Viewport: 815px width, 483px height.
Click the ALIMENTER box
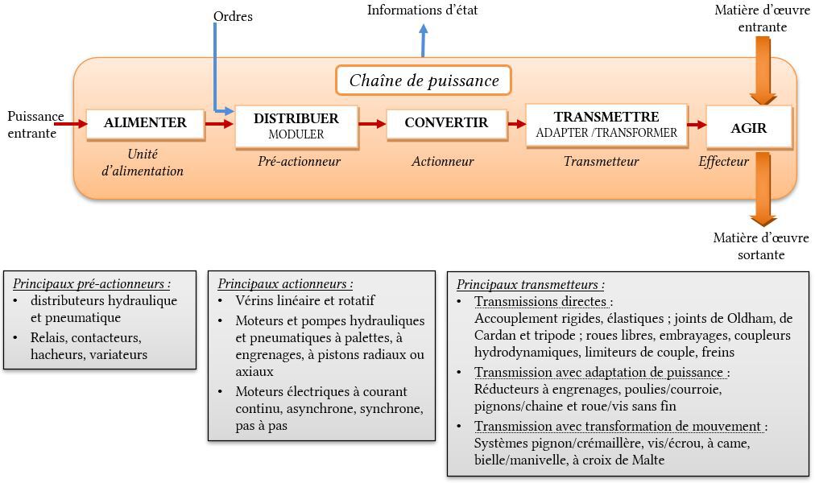pyautogui.click(x=145, y=124)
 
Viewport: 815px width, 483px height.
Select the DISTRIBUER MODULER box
pyautogui.click(x=296, y=126)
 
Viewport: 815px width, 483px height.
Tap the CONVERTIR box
pyautogui.click(x=446, y=124)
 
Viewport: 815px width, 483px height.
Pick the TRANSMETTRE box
pyautogui.click(x=606, y=125)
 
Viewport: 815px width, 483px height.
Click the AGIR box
pyautogui.click(x=748, y=127)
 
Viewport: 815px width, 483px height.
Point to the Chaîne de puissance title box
pyautogui.click(x=424, y=80)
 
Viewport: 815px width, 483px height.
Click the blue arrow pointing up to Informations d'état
pyautogui.click(x=423, y=40)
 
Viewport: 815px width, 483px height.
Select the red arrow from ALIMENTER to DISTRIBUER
pyautogui.click(x=219, y=124)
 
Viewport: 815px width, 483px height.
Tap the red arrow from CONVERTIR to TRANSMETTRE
pyautogui.click(x=517, y=124)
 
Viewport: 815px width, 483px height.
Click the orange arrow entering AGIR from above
pyautogui.click(x=763, y=71)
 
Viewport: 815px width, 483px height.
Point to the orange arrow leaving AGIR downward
pyautogui.click(x=763, y=188)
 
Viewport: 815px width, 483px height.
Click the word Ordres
pyautogui.click(x=233, y=17)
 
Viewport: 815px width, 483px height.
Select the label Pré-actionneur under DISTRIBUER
pyautogui.click(x=299, y=162)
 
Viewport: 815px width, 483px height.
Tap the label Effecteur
pyautogui.click(x=723, y=162)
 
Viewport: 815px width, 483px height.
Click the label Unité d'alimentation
pyautogui.click(x=143, y=163)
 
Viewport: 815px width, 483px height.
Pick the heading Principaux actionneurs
pyautogui.click(x=285, y=284)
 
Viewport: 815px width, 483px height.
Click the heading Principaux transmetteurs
pyautogui.click(x=530, y=285)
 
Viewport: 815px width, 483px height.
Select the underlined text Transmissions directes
pyautogui.click(x=540, y=301)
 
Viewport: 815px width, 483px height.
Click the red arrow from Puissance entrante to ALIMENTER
pyautogui.click(x=71, y=124)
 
